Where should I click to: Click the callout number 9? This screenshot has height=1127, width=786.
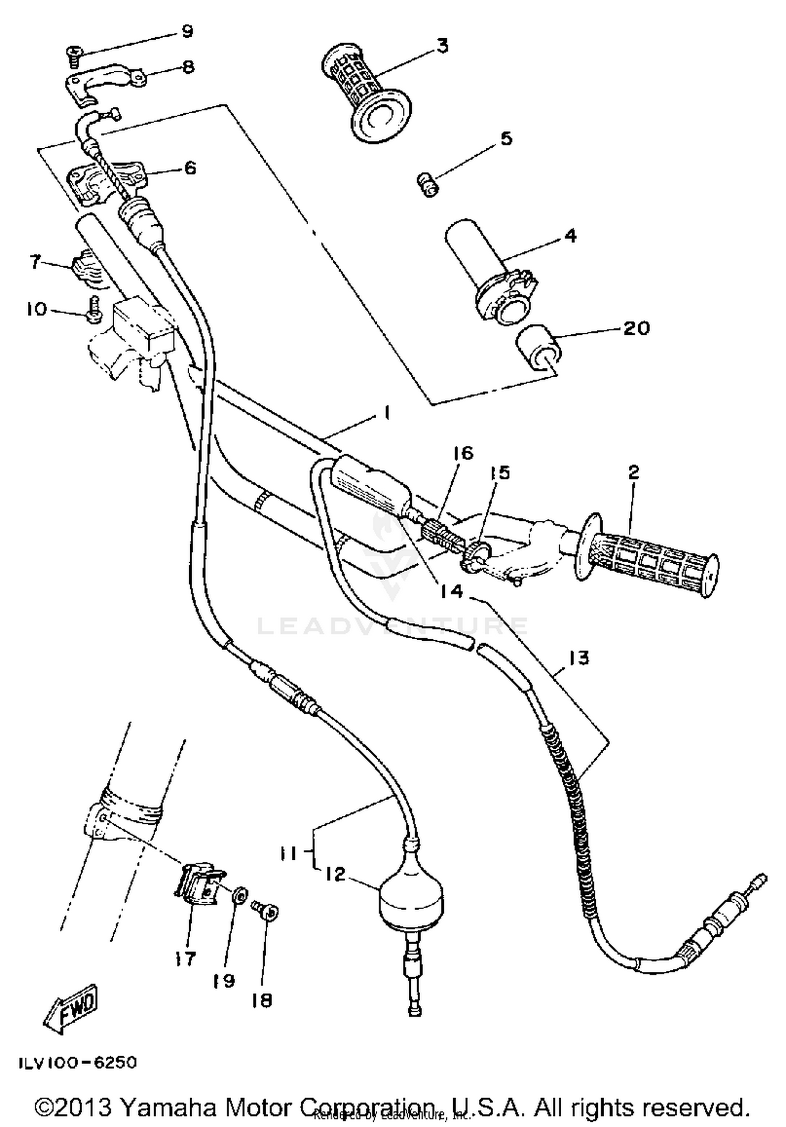coord(187,31)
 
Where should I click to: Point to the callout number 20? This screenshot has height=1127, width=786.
coord(636,328)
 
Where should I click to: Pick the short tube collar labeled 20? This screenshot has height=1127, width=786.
coord(538,349)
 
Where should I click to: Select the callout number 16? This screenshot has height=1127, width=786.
coord(463,453)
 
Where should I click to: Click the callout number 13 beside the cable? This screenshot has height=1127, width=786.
coord(579,658)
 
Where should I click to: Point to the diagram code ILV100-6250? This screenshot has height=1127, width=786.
coord(78,1063)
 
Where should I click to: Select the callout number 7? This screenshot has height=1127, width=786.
coord(35,261)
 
